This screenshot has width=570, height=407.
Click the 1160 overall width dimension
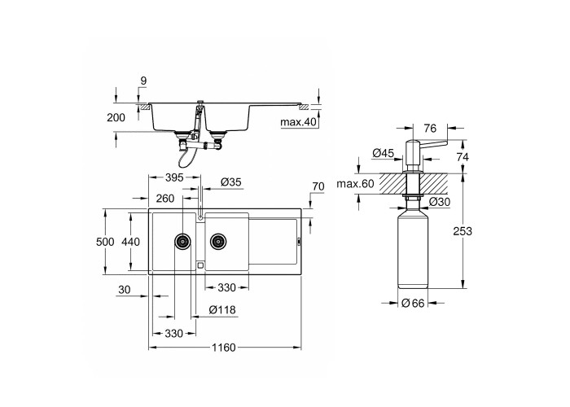[224, 348]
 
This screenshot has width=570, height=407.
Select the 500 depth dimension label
[105, 242]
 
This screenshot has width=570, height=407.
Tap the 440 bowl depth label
[131, 242]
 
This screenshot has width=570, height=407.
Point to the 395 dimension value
[174, 177]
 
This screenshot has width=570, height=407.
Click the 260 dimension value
[165, 199]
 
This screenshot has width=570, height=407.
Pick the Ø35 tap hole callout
[231, 182]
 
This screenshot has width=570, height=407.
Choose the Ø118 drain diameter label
[222, 310]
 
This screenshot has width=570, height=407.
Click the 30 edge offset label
[125, 290]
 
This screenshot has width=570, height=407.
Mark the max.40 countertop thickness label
[299, 122]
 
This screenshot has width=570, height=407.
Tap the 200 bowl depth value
[116, 117]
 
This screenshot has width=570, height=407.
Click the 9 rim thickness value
[143, 81]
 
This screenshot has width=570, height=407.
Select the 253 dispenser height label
[463, 231]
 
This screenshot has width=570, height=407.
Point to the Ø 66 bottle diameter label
[414, 303]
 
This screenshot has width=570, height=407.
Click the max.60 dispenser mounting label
[355, 184]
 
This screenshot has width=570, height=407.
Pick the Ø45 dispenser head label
[384, 153]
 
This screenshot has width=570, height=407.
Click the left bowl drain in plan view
[182, 241]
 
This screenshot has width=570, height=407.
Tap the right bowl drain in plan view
[218, 241]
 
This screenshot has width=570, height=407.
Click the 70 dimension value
[318, 186]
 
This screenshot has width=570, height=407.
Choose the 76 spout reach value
[430, 129]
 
